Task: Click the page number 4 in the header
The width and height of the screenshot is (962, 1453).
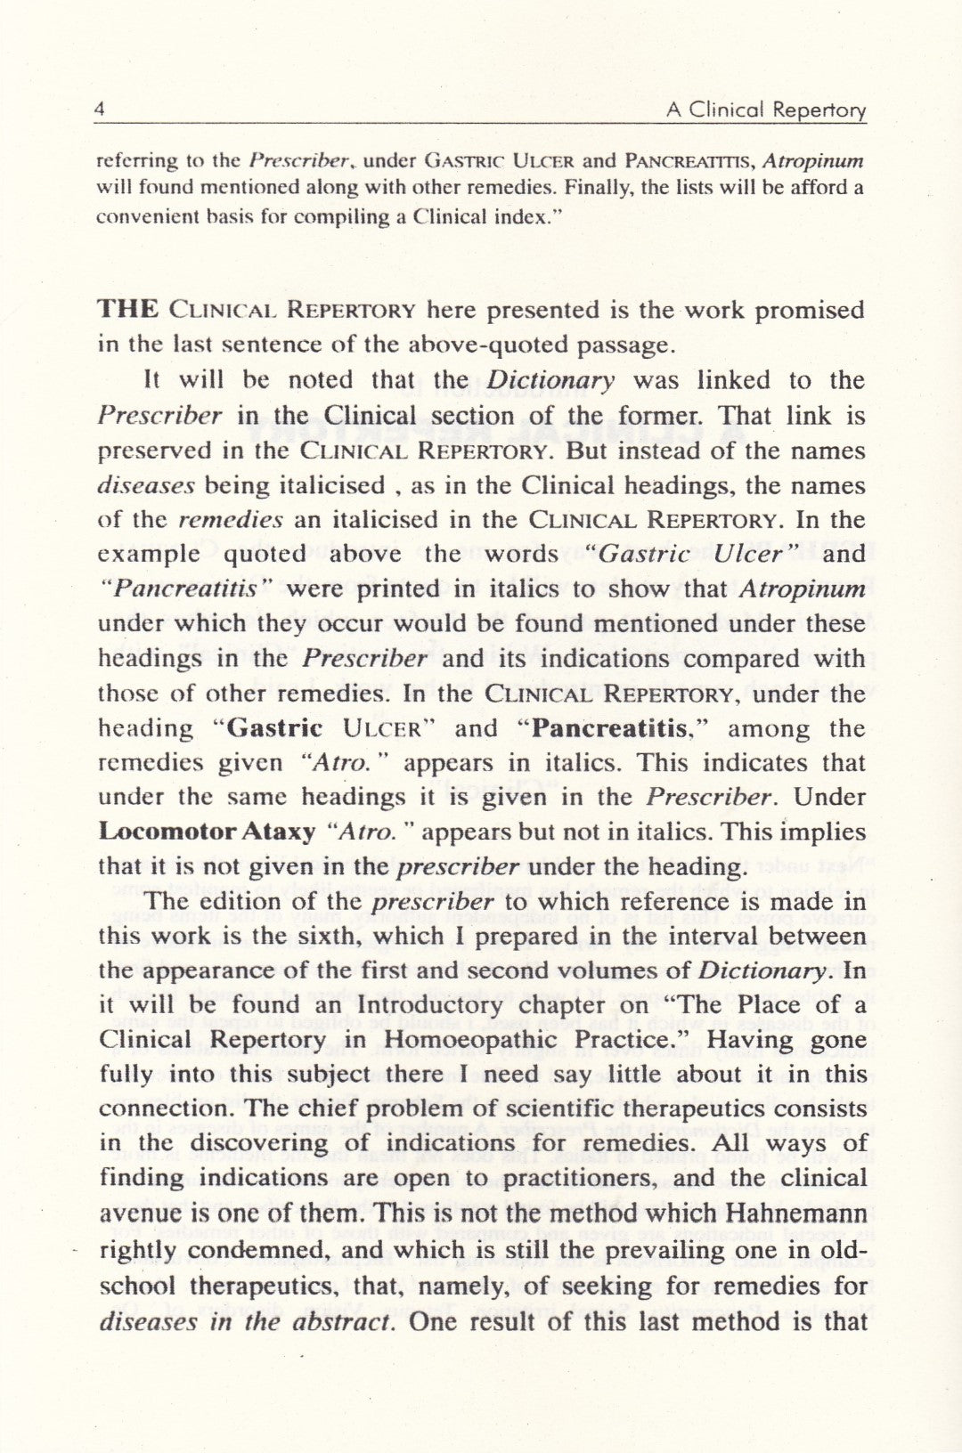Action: (x=101, y=110)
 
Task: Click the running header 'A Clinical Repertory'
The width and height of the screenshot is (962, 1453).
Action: (x=765, y=110)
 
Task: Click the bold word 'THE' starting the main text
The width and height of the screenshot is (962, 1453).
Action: (x=127, y=310)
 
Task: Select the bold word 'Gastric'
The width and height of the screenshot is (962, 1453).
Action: (x=274, y=728)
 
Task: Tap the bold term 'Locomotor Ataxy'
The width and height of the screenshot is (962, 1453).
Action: (x=207, y=832)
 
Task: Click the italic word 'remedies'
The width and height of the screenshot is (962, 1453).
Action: (x=232, y=520)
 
